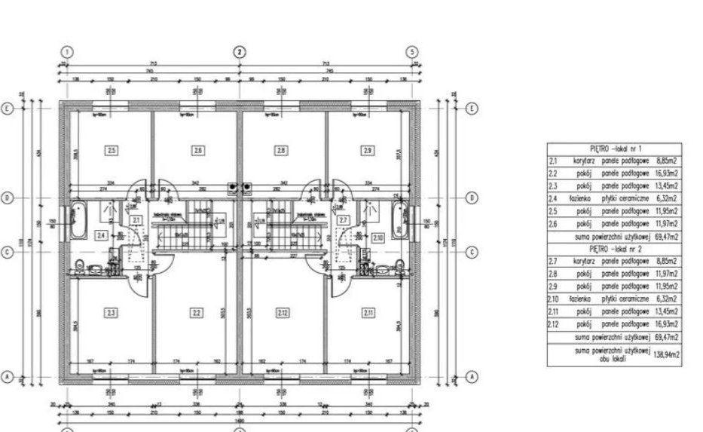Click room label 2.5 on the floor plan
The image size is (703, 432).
pyautogui.click(x=112, y=151)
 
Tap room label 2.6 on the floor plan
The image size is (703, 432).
pyautogui.click(x=197, y=151)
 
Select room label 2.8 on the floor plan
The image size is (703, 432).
pyautogui.click(x=281, y=151)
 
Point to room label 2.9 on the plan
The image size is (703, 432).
pyautogui.click(x=367, y=151)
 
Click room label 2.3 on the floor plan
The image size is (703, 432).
pyautogui.click(x=112, y=313)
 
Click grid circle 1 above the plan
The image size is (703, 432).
pyautogui.click(x=67, y=52)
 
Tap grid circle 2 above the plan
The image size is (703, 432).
pyautogui.click(x=239, y=52)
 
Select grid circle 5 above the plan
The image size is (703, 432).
pyautogui.click(x=411, y=52)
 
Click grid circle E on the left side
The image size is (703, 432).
pyautogui.click(x=8, y=109)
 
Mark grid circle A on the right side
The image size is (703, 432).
pyautogui.click(x=472, y=375)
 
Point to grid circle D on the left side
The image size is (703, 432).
pyautogui.click(x=8, y=198)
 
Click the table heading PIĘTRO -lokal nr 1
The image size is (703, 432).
pyautogui.click(x=614, y=150)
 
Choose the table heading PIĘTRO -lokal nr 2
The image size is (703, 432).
pyautogui.click(x=614, y=249)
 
